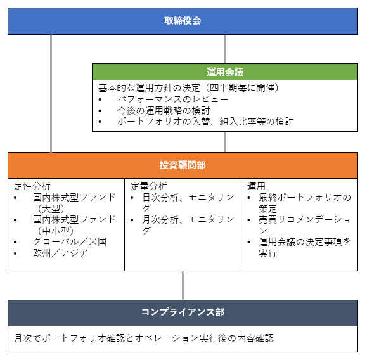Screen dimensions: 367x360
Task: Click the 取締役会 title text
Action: [x=183, y=21]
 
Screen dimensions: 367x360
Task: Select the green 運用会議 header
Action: [x=225, y=72]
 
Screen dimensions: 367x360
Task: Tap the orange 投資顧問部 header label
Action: [x=183, y=165]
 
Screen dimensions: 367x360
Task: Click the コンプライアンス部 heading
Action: [x=183, y=312]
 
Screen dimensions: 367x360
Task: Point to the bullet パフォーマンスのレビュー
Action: [x=173, y=100]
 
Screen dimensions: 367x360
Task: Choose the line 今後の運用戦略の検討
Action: [x=164, y=110]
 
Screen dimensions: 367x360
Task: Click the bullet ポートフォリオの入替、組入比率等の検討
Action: [x=205, y=122]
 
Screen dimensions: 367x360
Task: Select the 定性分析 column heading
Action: [x=32, y=186]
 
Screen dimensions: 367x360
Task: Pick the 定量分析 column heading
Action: [x=149, y=186]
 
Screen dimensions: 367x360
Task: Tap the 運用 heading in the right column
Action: [x=256, y=186]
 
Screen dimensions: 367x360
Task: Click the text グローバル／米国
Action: [x=70, y=241]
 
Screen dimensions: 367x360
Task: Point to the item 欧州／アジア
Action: [x=60, y=253]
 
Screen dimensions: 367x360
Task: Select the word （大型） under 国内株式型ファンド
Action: [x=51, y=209]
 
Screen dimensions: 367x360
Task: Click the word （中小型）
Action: [x=56, y=231]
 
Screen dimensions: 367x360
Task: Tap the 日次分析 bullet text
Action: [x=188, y=203]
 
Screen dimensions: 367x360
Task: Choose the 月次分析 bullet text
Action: [x=188, y=225]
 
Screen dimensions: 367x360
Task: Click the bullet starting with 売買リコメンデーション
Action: [x=304, y=225]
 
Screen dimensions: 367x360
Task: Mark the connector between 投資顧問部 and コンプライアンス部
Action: [x=183, y=286]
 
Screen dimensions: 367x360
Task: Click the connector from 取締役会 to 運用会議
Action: [x=225, y=49]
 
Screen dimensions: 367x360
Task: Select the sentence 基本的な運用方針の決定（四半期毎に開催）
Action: [x=188, y=88]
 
